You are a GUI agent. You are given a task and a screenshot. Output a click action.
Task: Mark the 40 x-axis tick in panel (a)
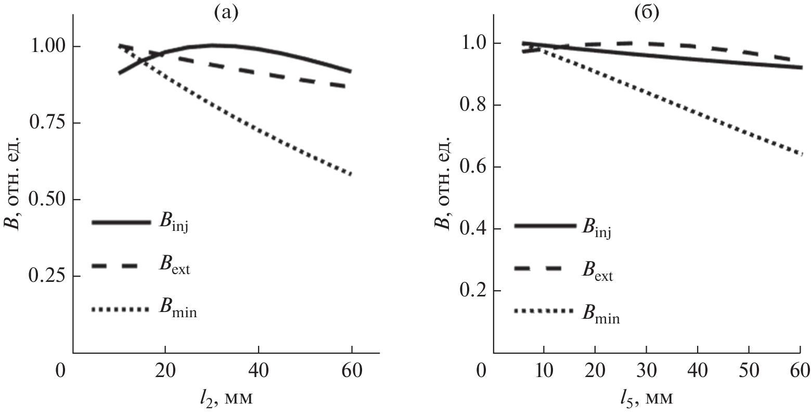click(x=259, y=372)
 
